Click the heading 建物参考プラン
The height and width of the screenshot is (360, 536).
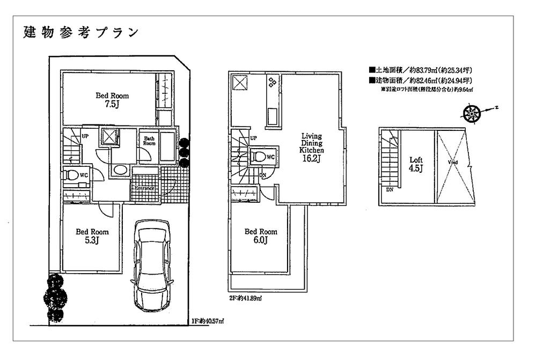pos(81,32)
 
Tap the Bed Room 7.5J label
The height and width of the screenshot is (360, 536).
pos(112,100)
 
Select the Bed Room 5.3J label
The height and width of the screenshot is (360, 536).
pos(92,236)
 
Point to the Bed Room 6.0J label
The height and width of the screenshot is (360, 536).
pos(261,236)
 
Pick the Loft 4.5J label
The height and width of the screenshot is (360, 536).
pos(416,164)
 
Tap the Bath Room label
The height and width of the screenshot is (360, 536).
pos(149,141)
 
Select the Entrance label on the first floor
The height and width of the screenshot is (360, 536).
pos(144,188)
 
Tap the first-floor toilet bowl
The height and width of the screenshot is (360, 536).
pos(71,175)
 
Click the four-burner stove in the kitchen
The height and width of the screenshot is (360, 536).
pos(272,82)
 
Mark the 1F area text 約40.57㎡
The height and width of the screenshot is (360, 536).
pos(208,321)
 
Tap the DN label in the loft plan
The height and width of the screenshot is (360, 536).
pos(387,189)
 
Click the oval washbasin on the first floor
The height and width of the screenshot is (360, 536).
pos(120,170)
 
